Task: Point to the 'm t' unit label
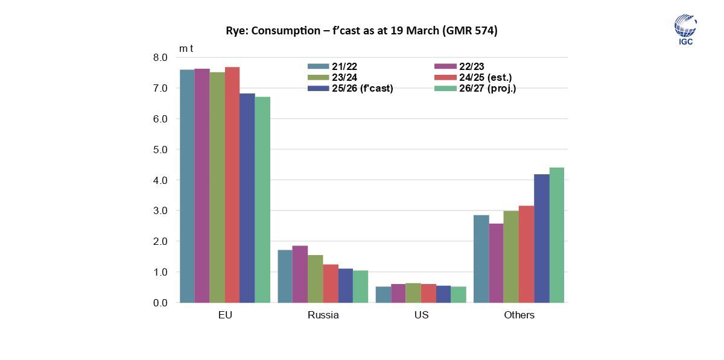click(x=186, y=48)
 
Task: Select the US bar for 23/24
click(x=413, y=292)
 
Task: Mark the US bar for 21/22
click(x=383, y=294)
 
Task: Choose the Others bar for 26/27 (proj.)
click(x=556, y=235)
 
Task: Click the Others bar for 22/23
click(x=496, y=263)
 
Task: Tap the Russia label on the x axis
click(x=323, y=315)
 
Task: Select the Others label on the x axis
click(x=519, y=315)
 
